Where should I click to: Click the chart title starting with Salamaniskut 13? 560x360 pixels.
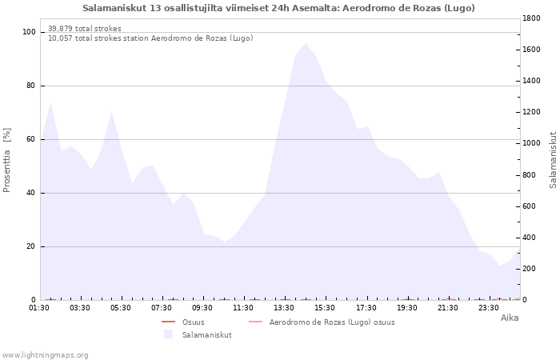[x=278, y=8]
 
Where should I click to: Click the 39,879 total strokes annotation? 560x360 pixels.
[x=85, y=29]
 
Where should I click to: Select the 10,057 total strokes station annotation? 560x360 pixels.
[x=150, y=38]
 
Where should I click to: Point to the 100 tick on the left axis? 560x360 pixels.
[x=29, y=32]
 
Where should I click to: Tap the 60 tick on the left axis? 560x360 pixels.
[x=31, y=139]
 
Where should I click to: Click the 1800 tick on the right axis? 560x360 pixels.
[x=534, y=18]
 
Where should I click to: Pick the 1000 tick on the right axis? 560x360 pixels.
[x=534, y=143]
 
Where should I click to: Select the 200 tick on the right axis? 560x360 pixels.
[x=531, y=269]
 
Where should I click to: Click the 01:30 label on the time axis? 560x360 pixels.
[x=39, y=308]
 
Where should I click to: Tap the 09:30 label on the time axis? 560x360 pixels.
[x=202, y=308]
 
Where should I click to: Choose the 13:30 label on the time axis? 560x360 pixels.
[x=284, y=308]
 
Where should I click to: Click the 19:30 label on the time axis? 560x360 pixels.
[x=407, y=308]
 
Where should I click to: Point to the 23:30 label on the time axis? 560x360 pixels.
[x=489, y=308]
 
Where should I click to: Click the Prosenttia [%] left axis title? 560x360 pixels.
[x=7, y=160]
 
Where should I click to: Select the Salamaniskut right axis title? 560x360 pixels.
[x=553, y=160]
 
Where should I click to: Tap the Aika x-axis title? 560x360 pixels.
[x=510, y=318]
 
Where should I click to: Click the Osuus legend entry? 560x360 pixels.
[x=193, y=322]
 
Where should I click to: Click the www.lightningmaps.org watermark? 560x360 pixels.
[x=46, y=354]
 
